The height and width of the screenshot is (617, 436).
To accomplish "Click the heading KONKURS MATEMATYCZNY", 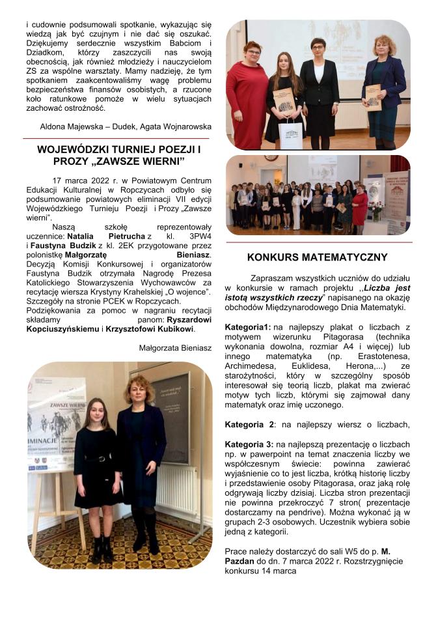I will [318, 257].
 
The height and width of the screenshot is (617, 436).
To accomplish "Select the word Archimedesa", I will [252, 367].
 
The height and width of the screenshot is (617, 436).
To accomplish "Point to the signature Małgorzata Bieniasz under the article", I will [175, 349].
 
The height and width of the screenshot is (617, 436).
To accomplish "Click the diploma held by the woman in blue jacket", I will [373, 96].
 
